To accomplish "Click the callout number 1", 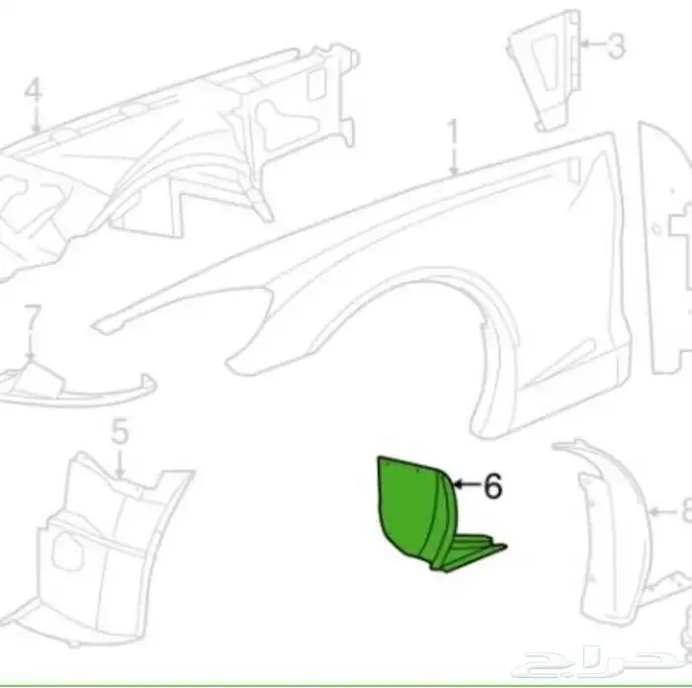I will point(454,130).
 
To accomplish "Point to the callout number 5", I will point(119,432).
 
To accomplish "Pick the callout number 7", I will point(32,317).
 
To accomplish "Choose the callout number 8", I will point(684,512).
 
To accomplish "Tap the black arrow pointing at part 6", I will point(465,485).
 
